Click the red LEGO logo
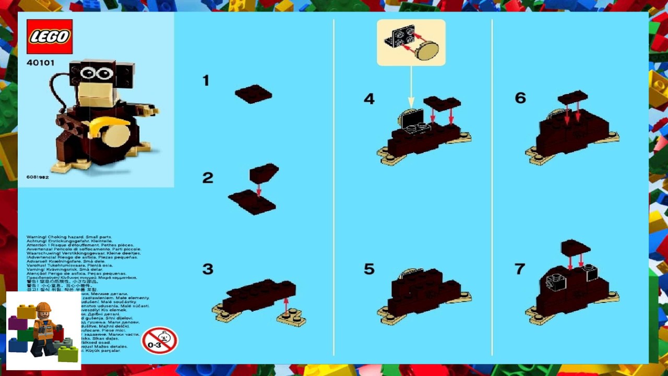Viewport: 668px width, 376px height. (50, 37)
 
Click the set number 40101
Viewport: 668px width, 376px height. (40, 63)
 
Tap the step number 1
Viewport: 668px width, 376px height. (206, 80)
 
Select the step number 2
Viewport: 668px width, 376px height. (208, 178)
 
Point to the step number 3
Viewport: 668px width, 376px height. (208, 269)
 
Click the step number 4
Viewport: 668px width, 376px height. (369, 99)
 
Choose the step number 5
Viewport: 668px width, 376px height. (369, 269)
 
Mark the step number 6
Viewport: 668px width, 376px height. (520, 98)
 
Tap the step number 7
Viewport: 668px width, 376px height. (519, 269)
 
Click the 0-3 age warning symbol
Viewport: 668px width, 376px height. (159, 340)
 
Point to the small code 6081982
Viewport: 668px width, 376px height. (38, 177)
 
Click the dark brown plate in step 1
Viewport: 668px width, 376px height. (253, 94)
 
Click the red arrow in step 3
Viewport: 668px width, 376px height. (285, 305)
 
